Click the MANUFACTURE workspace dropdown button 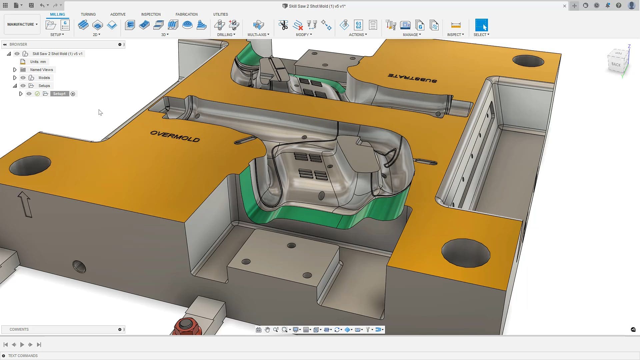(x=22, y=24)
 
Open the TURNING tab (x=88, y=14)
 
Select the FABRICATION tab (x=186, y=14)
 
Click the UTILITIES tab (x=220, y=14)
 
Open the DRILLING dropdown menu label (x=226, y=35)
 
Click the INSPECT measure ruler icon (x=455, y=25)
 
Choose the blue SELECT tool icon (x=481, y=25)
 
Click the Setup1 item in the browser (x=59, y=94)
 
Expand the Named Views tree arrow (x=15, y=70)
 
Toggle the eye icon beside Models (x=23, y=78)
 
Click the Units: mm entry (x=38, y=62)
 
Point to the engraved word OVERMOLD (x=175, y=136)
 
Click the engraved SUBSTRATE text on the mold (x=412, y=78)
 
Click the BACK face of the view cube (x=616, y=64)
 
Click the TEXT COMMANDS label (x=23, y=356)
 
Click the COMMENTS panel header (x=19, y=329)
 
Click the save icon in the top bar (x=31, y=5)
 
